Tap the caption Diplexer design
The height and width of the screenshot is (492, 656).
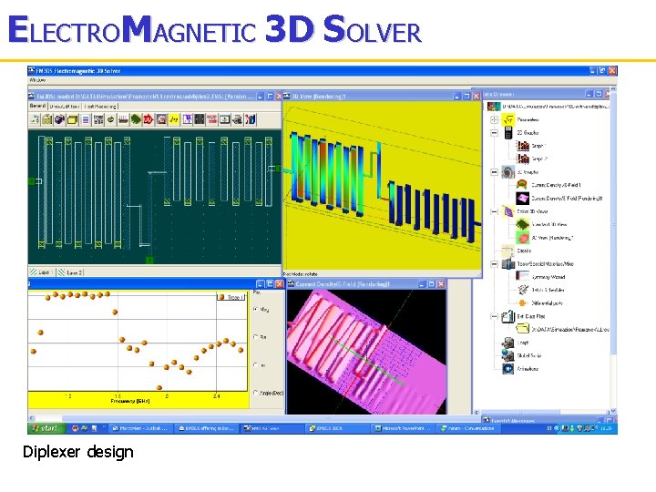(78, 452)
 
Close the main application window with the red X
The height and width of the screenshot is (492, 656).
(612, 70)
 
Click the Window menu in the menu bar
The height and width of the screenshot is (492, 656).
(39, 80)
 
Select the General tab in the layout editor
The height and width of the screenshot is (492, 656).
(38, 106)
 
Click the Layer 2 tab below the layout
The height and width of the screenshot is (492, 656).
(73, 272)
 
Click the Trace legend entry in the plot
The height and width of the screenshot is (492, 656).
(231, 297)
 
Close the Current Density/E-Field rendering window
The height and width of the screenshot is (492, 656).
(442, 284)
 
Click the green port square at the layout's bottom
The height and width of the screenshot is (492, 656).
(149, 261)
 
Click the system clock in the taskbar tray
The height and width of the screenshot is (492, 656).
(604, 426)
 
